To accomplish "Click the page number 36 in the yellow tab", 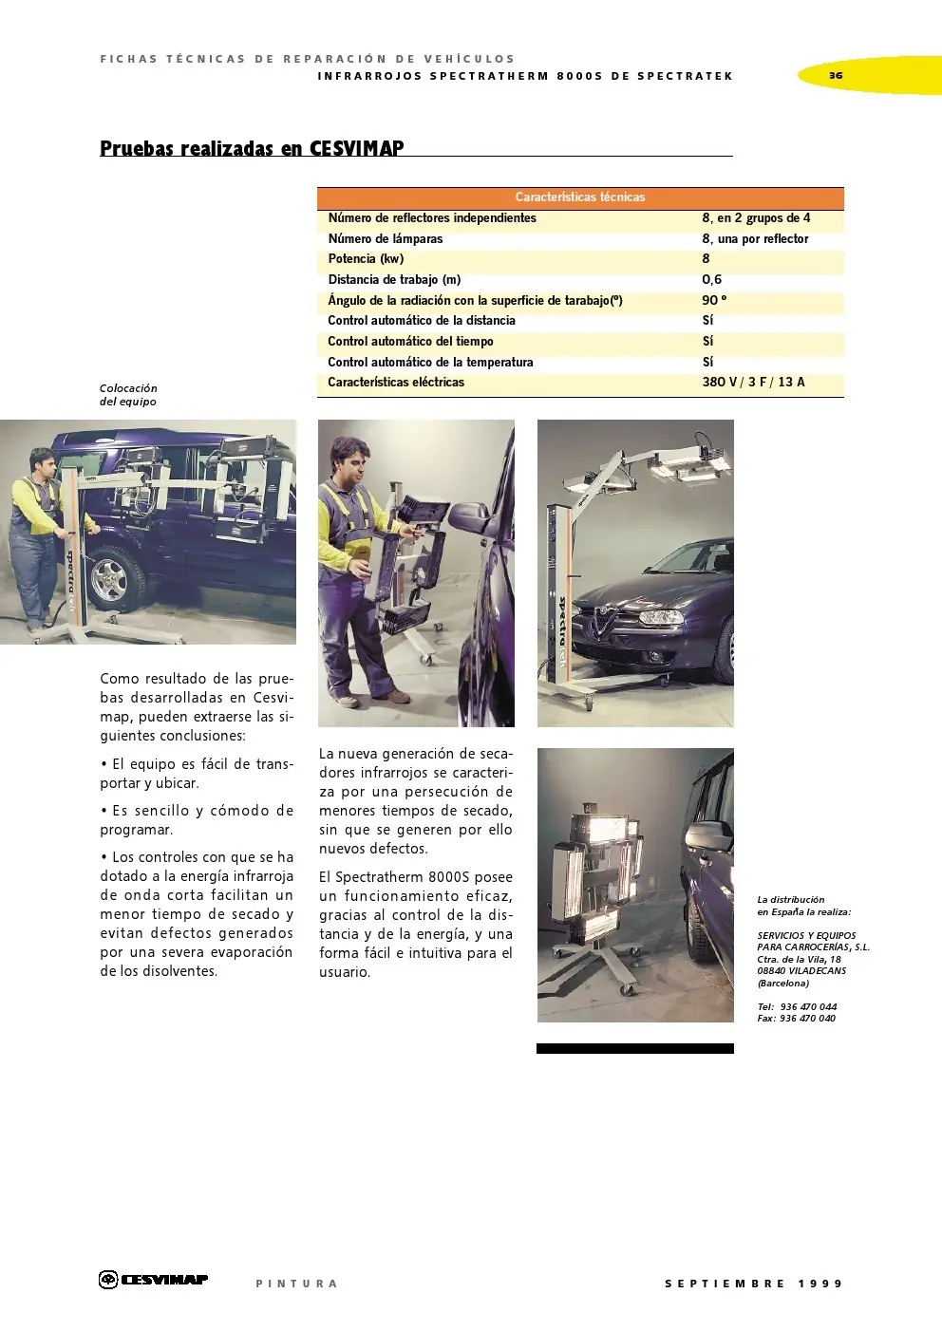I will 836,75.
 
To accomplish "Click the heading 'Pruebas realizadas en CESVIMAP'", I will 252,148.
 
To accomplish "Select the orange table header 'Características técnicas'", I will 580,197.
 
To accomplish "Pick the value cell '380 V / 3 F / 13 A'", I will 753,382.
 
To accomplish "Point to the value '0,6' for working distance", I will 712,279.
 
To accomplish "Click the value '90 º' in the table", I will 714,300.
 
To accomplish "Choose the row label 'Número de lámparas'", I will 385,238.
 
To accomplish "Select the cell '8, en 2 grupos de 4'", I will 756,217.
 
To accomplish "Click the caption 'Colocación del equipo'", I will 128,394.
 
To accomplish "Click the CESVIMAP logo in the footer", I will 154,1280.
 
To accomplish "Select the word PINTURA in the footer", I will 296,1284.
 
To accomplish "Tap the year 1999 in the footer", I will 820,1284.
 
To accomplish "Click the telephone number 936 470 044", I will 808,1006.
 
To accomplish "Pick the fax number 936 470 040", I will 807,1018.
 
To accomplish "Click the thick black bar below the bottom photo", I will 634,1048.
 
